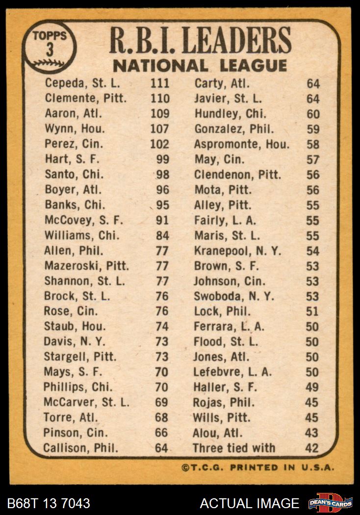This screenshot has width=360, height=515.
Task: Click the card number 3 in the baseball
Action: click(x=50, y=50)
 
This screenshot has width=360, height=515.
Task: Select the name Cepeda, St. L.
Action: click(x=82, y=83)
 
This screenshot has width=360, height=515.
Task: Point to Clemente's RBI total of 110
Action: click(x=160, y=98)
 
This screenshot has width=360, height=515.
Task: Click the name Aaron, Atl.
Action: click(x=74, y=113)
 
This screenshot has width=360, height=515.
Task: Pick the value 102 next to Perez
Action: click(x=160, y=144)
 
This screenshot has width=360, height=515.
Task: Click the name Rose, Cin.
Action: click(x=71, y=311)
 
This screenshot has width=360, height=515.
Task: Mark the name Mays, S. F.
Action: click(x=74, y=372)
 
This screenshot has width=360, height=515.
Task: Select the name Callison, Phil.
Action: click(x=81, y=448)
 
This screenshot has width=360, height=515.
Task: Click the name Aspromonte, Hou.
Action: click(x=242, y=144)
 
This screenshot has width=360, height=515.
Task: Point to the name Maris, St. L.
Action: click(x=227, y=235)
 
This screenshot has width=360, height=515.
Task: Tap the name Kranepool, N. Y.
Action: click(x=238, y=251)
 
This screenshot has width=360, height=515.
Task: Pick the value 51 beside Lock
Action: click(x=312, y=311)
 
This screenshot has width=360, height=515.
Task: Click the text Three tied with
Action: click(x=234, y=448)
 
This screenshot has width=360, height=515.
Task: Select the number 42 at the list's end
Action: click(x=312, y=448)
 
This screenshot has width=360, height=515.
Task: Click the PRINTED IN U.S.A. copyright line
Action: click(x=258, y=467)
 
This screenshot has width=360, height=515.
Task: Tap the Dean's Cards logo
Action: click(x=330, y=503)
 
